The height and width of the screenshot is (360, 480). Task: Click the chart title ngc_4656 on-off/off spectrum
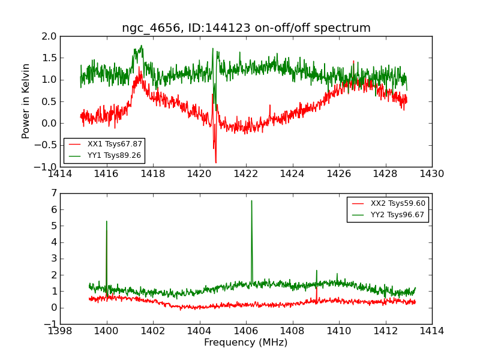(246, 28)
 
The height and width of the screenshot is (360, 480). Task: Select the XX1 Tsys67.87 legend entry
(115, 144)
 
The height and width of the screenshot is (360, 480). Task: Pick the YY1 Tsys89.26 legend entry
(115, 155)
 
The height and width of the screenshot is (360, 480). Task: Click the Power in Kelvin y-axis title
(26, 101)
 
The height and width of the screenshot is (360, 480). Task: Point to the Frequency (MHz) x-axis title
(246, 343)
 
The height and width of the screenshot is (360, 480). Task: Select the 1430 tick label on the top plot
(432, 174)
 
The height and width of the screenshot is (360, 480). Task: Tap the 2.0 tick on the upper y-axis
(50, 36)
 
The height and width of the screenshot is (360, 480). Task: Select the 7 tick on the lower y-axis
(53, 193)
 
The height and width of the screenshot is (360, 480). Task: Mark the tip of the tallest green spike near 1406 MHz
(251, 200)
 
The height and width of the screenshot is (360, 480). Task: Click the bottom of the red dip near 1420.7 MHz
(216, 163)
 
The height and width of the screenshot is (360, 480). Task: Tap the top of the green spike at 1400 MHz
(107, 221)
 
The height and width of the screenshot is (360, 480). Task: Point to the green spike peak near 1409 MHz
(317, 270)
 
